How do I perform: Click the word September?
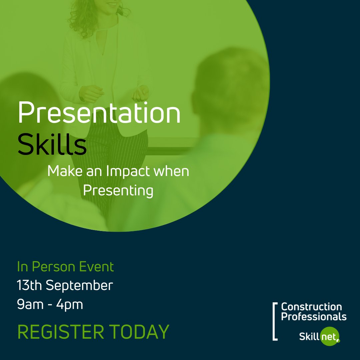[79, 286]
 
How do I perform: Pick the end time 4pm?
[71, 305]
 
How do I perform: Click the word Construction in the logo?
[311, 307]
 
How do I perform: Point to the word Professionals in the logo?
[314, 316]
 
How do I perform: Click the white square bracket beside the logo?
[275, 321]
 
